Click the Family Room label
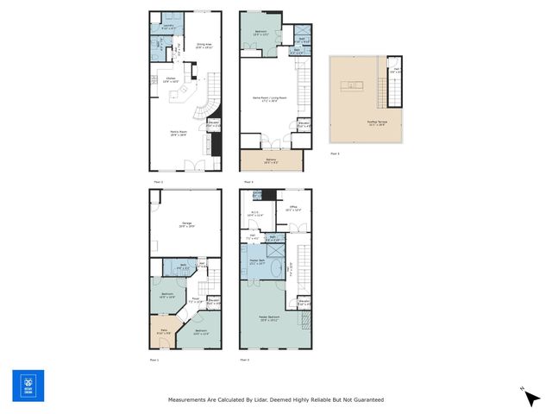[x=179, y=132]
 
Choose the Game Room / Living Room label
[x=270, y=99]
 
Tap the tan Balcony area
[x=270, y=161]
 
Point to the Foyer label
[x=195, y=300]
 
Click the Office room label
[x=292, y=207]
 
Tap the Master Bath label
[x=258, y=261]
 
